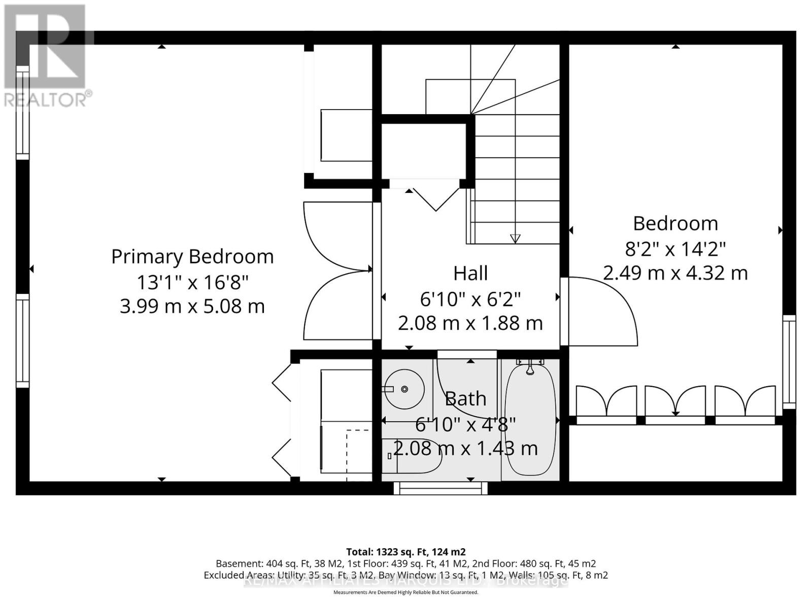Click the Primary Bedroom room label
(x=192, y=256)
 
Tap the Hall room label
(x=470, y=273)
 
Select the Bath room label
(x=465, y=399)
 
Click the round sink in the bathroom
(x=404, y=389)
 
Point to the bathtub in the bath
(x=530, y=420)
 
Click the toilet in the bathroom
(x=412, y=455)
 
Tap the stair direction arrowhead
(x=515, y=238)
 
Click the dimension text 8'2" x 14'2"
(x=675, y=249)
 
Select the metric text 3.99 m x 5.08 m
(x=192, y=307)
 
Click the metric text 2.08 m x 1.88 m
(x=470, y=323)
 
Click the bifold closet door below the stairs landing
(x=435, y=198)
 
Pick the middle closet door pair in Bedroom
(x=675, y=401)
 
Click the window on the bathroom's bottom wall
(x=441, y=488)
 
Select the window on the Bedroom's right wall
(x=789, y=361)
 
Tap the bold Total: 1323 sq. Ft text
(x=405, y=552)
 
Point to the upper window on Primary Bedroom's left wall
(x=22, y=113)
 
